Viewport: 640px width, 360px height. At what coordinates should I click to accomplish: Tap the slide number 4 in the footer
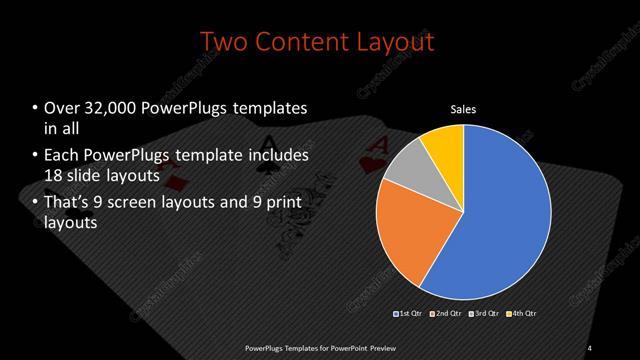(591, 347)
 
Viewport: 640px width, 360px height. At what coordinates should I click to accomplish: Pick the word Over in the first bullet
(63, 108)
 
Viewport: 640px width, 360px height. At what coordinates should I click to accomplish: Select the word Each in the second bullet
(63, 156)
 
